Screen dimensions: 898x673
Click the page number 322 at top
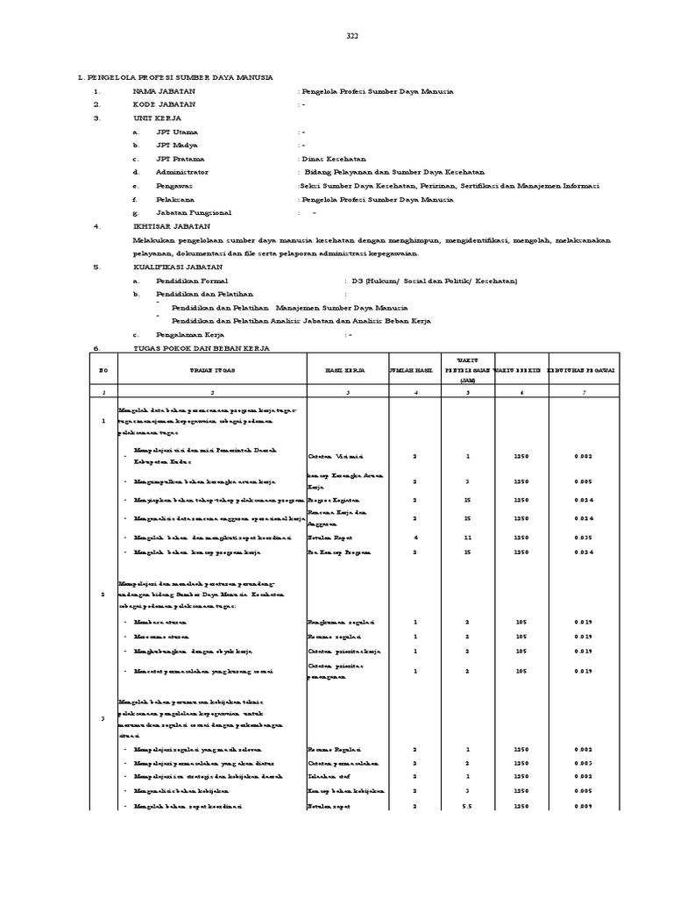coord(352,35)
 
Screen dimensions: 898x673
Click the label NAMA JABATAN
coord(164,91)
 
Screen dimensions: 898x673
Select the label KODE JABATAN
coord(164,104)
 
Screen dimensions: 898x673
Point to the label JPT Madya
coord(176,145)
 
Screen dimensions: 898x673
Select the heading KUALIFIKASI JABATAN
coord(177,267)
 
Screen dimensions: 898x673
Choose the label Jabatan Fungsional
coord(194,213)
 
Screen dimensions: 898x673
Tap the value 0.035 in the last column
coord(584,536)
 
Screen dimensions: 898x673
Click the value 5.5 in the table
coord(469,806)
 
